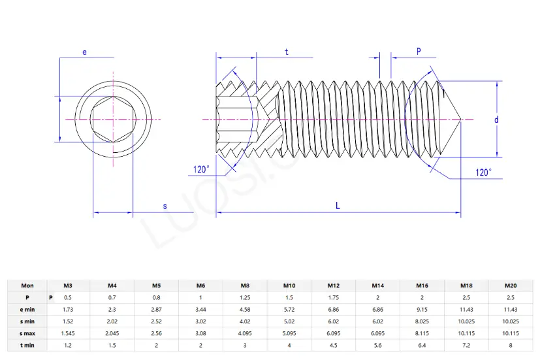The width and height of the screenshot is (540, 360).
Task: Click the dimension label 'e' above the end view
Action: pyautogui.click(x=85, y=52)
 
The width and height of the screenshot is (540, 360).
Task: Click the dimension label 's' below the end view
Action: pyautogui.click(x=165, y=206)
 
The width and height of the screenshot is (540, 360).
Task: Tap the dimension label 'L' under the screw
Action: pyautogui.click(x=338, y=206)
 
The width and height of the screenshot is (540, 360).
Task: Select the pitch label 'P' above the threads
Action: pyautogui.click(x=419, y=51)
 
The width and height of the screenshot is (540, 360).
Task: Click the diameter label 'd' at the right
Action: pyautogui.click(x=496, y=120)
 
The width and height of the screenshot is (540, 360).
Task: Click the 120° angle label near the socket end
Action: pyautogui.click(x=201, y=170)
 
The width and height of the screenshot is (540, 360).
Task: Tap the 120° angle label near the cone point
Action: pyautogui.click(x=483, y=172)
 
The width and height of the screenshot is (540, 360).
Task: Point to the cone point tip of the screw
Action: pyautogui.click(x=460, y=120)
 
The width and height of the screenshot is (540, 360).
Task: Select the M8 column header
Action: pyautogui.click(x=245, y=286)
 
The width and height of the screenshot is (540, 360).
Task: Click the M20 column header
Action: pyautogui.click(x=511, y=286)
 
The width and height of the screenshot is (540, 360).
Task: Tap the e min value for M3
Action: pyautogui.click(x=67, y=309)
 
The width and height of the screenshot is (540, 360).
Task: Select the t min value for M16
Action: pyautogui.click(x=422, y=344)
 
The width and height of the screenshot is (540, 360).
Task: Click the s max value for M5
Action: pyautogui.click(x=156, y=333)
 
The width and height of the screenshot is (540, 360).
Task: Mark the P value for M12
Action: pyautogui.click(x=334, y=297)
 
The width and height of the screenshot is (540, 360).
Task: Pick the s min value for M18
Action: pyautogui.click(x=466, y=321)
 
